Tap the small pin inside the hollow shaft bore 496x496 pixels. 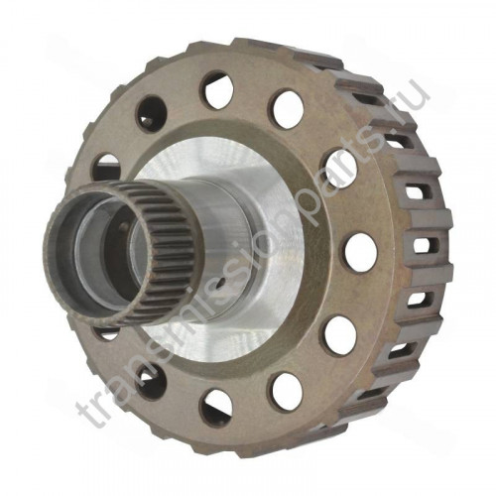point(124,226)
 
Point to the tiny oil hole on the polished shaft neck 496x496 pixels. point(223,282)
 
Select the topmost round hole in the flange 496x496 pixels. point(217,90)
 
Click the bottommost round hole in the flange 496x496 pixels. point(216,409)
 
